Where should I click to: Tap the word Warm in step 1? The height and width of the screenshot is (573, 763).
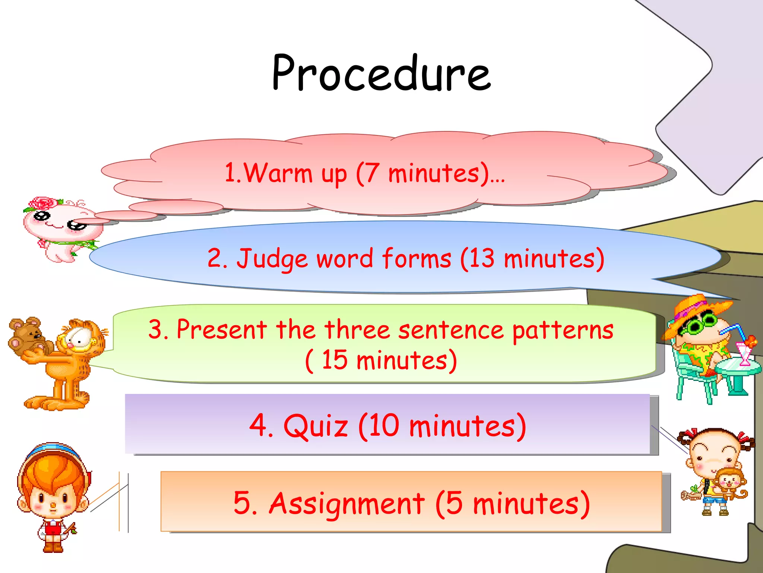coord(278,173)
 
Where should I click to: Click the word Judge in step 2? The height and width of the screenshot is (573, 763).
coord(272,259)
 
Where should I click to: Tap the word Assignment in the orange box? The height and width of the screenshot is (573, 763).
coord(346,503)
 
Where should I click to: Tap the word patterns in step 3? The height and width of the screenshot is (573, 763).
coord(563,330)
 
